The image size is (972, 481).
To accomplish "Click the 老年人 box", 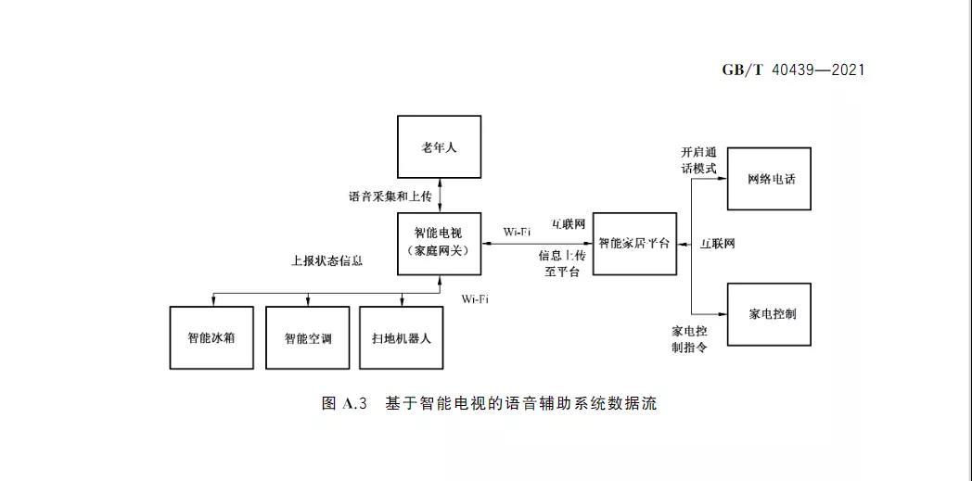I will click(x=439, y=146).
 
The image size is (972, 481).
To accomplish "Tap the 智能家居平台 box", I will click(x=634, y=244).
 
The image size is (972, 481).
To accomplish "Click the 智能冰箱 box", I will click(x=211, y=337).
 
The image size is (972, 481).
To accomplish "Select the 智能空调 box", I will click(x=307, y=337).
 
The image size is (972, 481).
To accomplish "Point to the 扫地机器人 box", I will click(x=402, y=337).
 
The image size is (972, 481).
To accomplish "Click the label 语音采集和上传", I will click(x=389, y=196).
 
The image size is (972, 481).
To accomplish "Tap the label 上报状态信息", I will click(x=326, y=261).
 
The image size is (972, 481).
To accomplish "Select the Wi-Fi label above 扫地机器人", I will click(x=475, y=298).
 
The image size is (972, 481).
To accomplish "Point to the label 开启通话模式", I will click(x=698, y=160).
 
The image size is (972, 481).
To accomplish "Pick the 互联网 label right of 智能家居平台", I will click(x=717, y=244).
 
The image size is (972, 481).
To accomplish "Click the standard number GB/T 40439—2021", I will click(x=793, y=70).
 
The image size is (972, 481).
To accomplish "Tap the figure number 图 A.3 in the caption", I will click(x=345, y=404).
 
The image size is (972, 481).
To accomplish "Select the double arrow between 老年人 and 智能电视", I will click(x=440, y=195).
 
